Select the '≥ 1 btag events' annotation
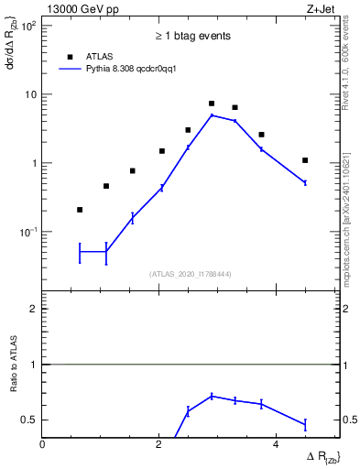pos(191,36)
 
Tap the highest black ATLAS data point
pos(212,104)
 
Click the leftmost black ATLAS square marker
pos(80,210)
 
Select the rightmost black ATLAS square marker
pos(305,160)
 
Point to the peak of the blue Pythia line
pos(212,115)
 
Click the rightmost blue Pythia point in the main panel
pos(305,183)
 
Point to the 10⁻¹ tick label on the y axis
pos(29,233)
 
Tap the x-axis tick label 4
pos(277,444)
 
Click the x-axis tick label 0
pos(43,444)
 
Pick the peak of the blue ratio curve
pos(212,396)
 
